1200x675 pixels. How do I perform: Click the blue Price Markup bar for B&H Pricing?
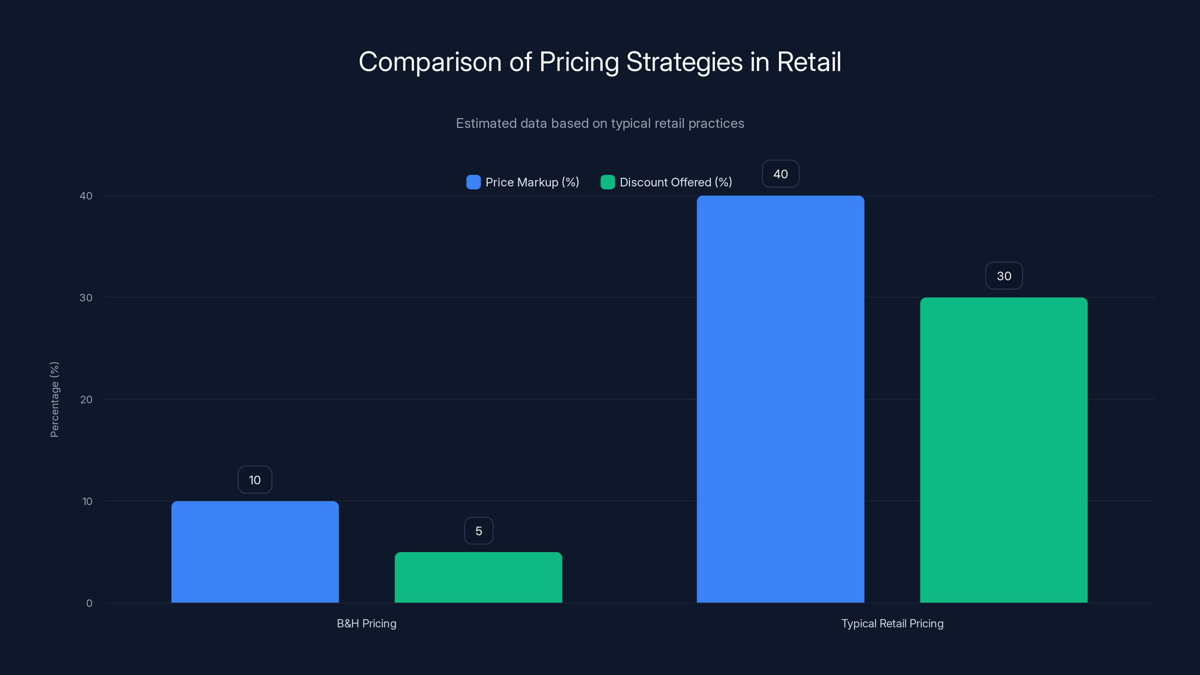(x=255, y=552)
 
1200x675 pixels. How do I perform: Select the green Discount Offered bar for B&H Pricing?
(x=478, y=577)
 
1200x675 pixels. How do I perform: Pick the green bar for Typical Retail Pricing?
(x=1003, y=450)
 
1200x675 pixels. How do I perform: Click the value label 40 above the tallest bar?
(x=780, y=174)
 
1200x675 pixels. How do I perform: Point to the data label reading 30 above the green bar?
(x=1004, y=276)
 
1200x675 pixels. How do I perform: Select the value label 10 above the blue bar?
(x=255, y=480)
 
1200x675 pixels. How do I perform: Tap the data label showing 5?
(x=478, y=531)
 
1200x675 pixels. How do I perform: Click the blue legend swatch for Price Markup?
(x=473, y=182)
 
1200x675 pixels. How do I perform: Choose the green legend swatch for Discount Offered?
(x=607, y=182)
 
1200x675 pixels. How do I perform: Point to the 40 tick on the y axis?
(x=86, y=196)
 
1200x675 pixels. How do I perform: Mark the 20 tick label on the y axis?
(x=86, y=399)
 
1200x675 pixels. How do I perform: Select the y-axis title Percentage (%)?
(x=54, y=399)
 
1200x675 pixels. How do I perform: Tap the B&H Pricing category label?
(x=367, y=623)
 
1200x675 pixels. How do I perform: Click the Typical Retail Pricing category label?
(x=892, y=623)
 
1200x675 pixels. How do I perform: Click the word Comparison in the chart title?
(x=429, y=62)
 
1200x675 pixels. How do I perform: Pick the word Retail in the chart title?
(x=809, y=62)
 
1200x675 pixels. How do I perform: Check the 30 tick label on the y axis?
(x=86, y=298)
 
